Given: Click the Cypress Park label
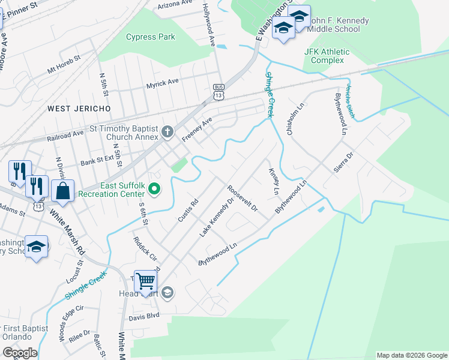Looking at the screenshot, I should [x=151, y=37].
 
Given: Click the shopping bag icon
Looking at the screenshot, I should [x=62, y=192].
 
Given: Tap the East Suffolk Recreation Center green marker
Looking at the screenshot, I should [x=155, y=190].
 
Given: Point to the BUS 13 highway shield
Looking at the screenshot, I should [x=218, y=92].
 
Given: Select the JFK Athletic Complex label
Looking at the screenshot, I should [x=328, y=56].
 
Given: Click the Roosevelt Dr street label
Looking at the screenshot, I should [x=243, y=197].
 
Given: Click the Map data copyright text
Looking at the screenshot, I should [x=411, y=355].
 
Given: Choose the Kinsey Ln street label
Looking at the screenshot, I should [x=273, y=180].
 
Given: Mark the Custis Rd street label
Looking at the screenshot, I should [x=187, y=211].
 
